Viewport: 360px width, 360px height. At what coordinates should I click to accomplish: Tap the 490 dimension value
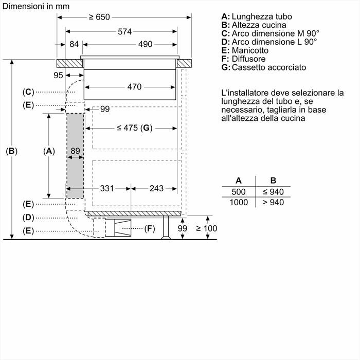146,44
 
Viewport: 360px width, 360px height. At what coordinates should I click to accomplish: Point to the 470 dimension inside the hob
134,87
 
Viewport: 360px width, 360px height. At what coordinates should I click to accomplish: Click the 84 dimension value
74,44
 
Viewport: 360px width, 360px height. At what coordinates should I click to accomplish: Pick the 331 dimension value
106,188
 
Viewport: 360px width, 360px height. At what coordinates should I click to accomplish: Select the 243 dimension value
156,188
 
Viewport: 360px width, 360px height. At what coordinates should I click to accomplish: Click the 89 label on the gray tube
75,151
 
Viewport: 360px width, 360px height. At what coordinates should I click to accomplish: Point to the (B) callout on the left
12,151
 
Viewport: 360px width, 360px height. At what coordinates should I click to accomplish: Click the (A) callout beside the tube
49,151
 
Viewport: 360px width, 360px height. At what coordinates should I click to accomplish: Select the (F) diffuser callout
149,228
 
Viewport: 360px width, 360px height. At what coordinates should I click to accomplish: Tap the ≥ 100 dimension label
206,228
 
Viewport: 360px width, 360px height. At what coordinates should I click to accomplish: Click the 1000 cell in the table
239,203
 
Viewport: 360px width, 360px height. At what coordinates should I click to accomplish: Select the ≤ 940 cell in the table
273,192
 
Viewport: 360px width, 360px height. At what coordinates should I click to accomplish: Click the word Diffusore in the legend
250,59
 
